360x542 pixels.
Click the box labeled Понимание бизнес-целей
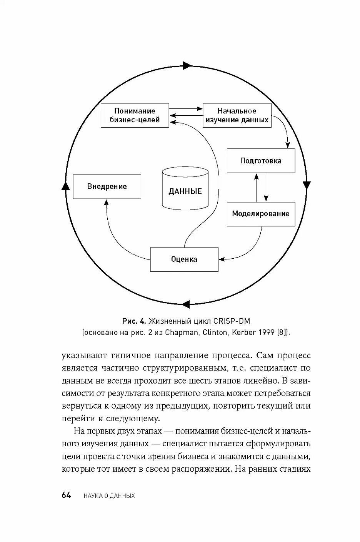tap(135, 115)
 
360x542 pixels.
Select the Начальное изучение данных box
tap(237, 115)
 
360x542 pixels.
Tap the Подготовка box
tap(261, 161)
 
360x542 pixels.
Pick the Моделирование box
tap(261, 214)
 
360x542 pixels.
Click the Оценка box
tap(184, 259)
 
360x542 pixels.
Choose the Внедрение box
tap(107, 187)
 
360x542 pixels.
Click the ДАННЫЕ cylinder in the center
tap(185, 189)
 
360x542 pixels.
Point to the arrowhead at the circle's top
tap(187, 65)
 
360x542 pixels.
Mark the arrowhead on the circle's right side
tap(307, 185)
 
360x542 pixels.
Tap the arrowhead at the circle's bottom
tap(186, 304)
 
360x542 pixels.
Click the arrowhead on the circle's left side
tap(65, 186)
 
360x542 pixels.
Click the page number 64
tap(67, 495)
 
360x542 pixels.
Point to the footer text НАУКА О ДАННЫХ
tap(109, 496)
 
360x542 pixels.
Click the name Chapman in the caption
tap(182, 332)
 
